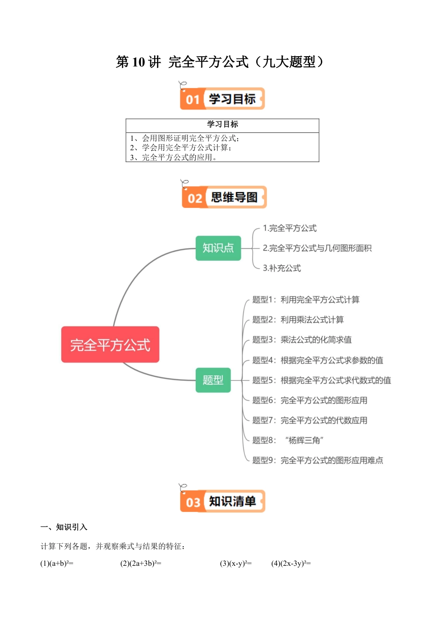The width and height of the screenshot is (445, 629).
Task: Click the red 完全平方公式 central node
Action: pos(110,344)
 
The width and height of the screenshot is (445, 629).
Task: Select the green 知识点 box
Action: pos(218,248)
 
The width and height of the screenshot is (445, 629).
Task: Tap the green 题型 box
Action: pos(213,380)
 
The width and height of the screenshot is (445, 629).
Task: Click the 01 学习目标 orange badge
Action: pos(222,99)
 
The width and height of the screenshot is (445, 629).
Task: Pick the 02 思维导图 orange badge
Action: pos(224,197)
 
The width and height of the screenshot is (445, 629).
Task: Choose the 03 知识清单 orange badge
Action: pos(222,501)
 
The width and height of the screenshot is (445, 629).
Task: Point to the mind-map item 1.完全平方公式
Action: pos(289,228)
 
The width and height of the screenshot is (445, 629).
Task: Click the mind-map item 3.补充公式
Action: pos(282,268)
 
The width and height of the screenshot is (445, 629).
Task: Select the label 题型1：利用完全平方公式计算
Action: pos(306,300)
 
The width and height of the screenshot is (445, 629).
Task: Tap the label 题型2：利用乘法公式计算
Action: pos(298,320)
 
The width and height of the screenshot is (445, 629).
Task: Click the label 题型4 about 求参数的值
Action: pos(318,360)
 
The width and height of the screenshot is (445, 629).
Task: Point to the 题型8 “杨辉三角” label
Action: pos(288,440)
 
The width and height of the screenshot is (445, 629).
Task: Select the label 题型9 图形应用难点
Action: pos(318,461)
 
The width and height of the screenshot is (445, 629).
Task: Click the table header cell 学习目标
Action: pos(222,124)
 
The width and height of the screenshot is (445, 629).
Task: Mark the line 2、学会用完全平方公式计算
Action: pos(181,148)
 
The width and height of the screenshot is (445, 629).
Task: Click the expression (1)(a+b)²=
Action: pos(57,563)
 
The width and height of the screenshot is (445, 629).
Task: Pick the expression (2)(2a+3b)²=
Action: pos(141,563)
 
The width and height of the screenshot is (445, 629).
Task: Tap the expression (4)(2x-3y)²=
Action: pos(291,563)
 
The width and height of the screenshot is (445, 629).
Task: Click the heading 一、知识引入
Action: pos(64,527)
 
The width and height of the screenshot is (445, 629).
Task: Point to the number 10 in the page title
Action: pos(139,62)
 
